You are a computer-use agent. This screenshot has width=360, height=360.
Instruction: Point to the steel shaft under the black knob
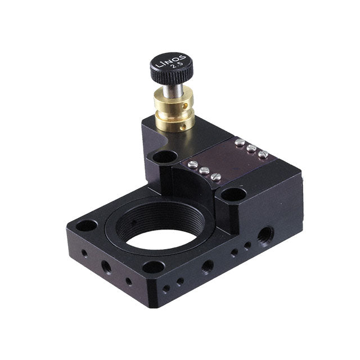[173, 91]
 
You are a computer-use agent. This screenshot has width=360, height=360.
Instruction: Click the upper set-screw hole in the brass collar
[184, 106]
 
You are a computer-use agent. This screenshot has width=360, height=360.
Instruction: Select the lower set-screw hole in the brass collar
[183, 127]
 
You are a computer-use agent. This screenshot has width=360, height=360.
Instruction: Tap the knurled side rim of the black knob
[172, 76]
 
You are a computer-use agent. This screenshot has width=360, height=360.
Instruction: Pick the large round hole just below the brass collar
[165, 157]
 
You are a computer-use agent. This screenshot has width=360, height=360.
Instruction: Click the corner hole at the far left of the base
[87, 226]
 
